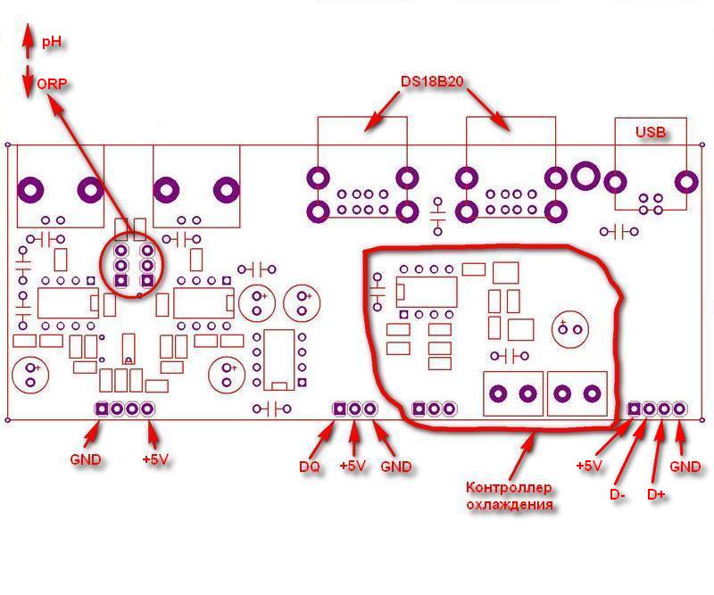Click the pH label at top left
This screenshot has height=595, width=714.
tap(54, 42)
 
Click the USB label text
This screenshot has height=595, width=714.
tap(651, 132)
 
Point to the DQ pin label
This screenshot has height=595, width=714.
tap(309, 466)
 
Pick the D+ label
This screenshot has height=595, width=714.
tap(656, 494)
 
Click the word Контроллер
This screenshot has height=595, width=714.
tap(510, 488)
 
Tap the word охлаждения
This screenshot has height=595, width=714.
tap(510, 504)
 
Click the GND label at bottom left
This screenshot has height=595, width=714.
tap(86, 460)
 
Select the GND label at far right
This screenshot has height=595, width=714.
tap(685, 466)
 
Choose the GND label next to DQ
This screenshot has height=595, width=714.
tap(396, 466)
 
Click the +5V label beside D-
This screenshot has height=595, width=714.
tap(589, 466)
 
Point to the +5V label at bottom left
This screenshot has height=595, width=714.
tap(155, 460)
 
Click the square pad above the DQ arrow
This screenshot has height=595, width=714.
tap(339, 409)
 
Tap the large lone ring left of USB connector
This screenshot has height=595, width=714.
tap(586, 175)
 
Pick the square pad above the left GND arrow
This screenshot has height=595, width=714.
tap(101, 409)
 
